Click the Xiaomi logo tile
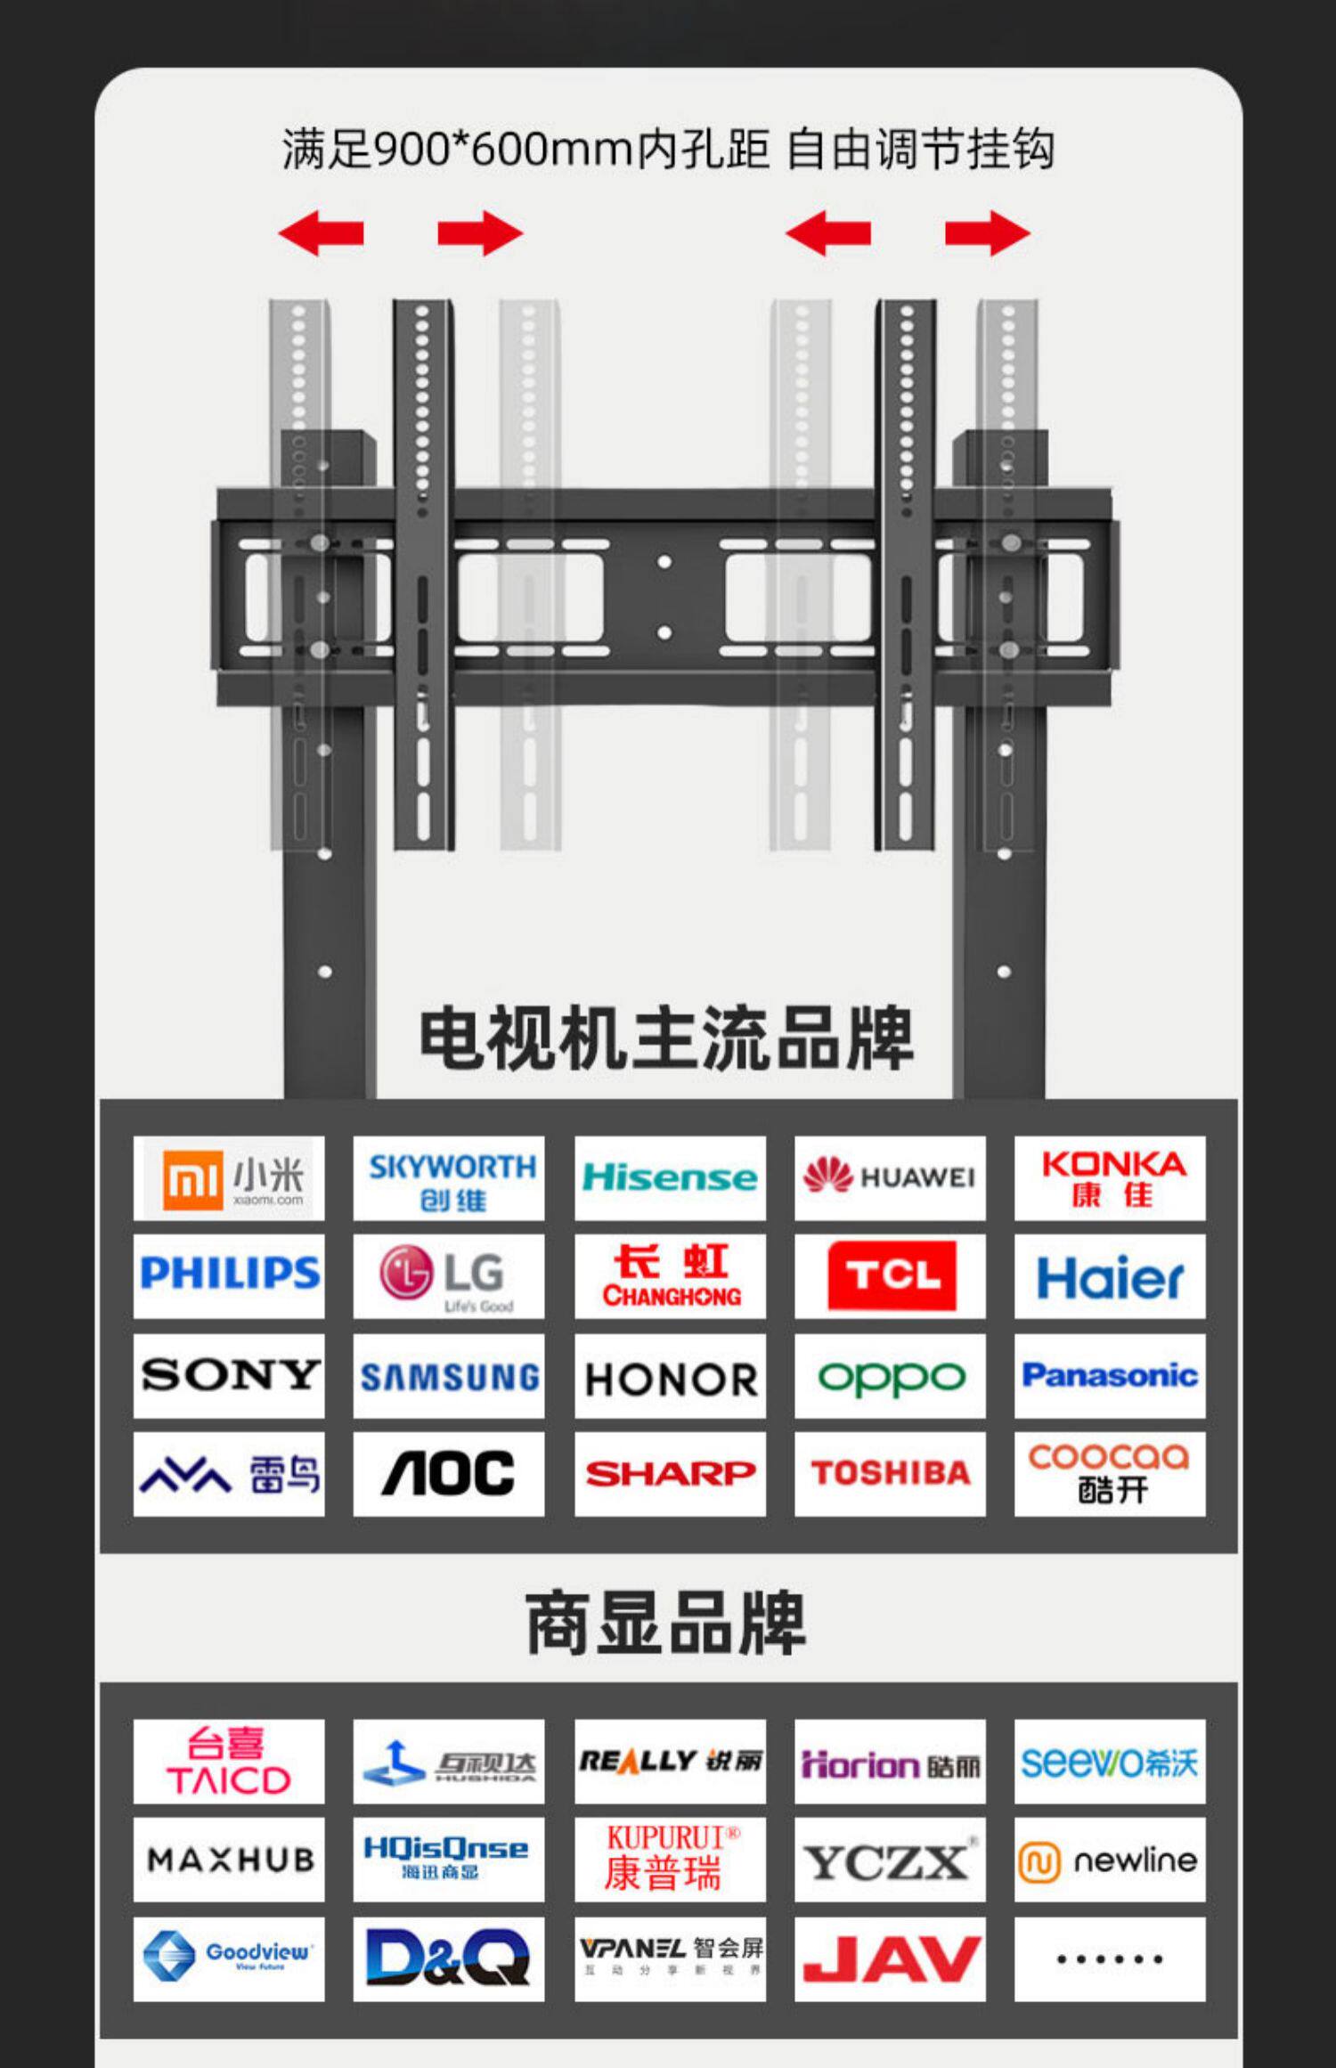coord(229,1177)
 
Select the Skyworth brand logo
coord(449,1177)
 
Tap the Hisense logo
coord(670,1177)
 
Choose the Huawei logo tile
coord(890,1177)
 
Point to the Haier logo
coord(1110,1275)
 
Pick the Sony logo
coord(229,1375)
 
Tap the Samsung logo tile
coord(449,1375)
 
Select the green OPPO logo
coord(890,1375)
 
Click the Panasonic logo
coord(1110,1375)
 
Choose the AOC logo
coord(449,1473)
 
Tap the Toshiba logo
coord(890,1473)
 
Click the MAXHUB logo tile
coord(229,1859)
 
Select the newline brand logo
coord(1110,1859)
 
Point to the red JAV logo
coord(890,1958)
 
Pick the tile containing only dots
coord(1110,1958)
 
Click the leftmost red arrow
coord(321,233)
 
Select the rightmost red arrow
coord(988,233)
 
